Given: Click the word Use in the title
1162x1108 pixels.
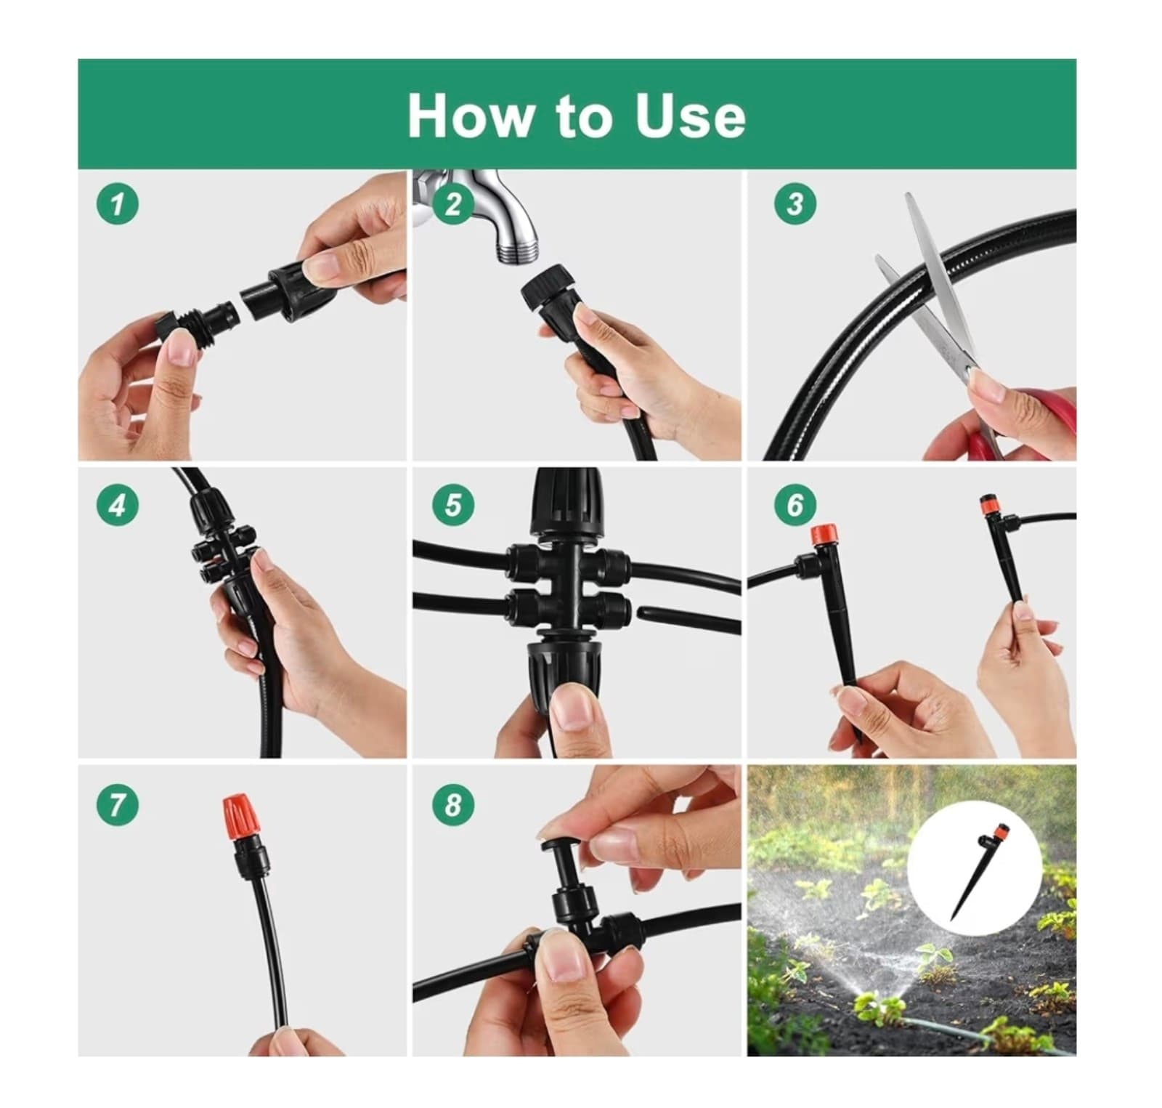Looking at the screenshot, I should point(689,116).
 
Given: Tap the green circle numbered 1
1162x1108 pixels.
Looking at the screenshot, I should point(118,204).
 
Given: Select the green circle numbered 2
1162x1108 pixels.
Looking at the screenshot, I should point(453,204).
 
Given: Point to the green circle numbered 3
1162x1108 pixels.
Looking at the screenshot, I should point(795,204).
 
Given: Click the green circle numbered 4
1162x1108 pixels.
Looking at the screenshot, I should point(118,504).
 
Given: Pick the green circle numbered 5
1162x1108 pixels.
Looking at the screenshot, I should point(453,504).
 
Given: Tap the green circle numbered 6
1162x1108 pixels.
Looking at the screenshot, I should point(795,504).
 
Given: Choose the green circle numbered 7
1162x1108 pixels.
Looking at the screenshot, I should point(118,804).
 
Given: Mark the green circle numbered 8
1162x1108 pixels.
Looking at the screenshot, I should point(453,804).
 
